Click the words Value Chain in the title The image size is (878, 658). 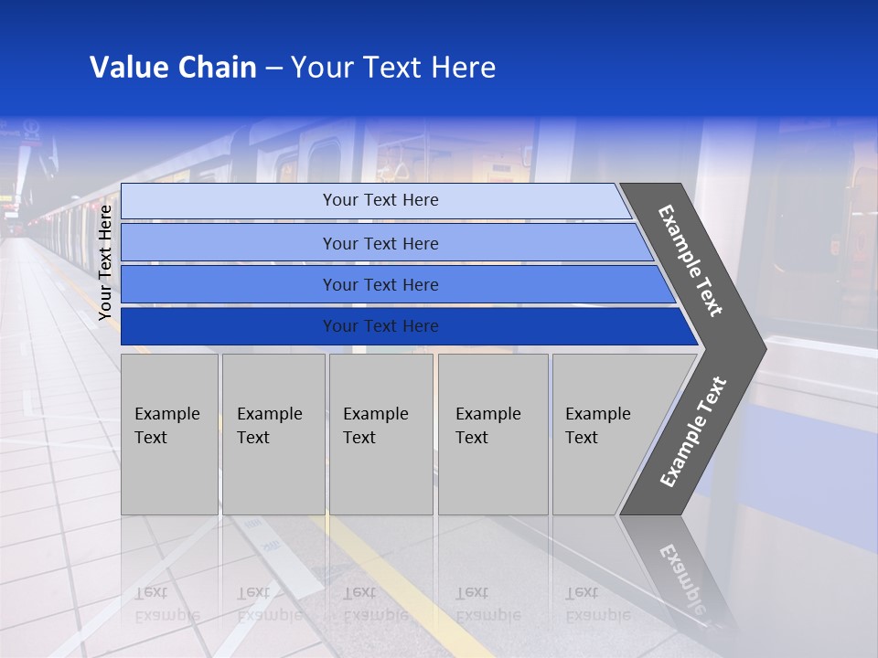pos(173,68)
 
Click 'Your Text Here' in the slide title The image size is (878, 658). pos(393,68)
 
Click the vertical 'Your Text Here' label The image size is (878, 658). pos(105,262)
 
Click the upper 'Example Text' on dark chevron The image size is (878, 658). pos(691,260)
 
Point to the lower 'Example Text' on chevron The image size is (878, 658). pos(692,431)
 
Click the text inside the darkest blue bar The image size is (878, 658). pos(380,326)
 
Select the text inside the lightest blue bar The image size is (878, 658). pos(380,200)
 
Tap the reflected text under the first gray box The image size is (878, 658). pos(166,604)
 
